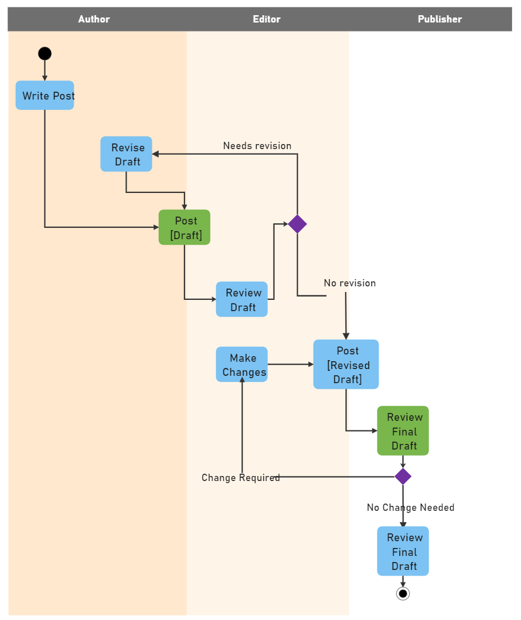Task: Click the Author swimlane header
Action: point(94,19)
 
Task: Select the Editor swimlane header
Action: point(266,19)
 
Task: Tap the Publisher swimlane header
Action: point(439,19)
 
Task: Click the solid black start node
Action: point(45,53)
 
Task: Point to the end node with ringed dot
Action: point(403,594)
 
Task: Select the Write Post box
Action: point(45,96)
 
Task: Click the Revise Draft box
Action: point(127,154)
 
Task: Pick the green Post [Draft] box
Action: point(185,227)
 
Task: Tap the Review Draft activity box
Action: point(242,299)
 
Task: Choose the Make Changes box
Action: point(242,365)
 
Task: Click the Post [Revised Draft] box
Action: point(346,365)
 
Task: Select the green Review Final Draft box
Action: point(403,431)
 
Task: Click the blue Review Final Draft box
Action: point(403,551)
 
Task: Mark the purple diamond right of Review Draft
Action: point(297,224)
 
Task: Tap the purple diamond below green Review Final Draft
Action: point(403,477)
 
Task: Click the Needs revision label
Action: point(257,146)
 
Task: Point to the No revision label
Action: point(349,283)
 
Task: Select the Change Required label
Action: point(241,478)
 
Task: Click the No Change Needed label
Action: point(410,507)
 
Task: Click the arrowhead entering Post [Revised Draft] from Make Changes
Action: point(311,365)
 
